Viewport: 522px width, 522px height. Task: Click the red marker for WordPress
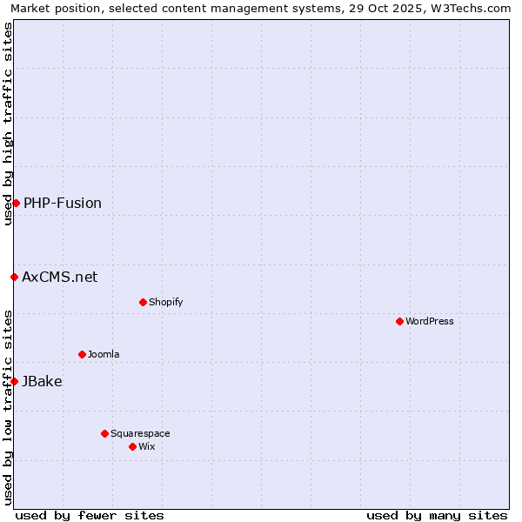pyautogui.click(x=399, y=321)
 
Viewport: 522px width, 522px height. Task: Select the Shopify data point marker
pyautogui.click(x=143, y=302)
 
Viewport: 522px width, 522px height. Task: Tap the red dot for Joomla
pyautogui.click(x=82, y=354)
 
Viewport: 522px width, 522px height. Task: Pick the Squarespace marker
pyautogui.click(x=104, y=433)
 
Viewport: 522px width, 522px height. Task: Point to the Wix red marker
pyautogui.click(x=132, y=446)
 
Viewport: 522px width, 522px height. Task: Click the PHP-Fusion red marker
pyautogui.click(x=16, y=203)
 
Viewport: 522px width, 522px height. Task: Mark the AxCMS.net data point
pyautogui.click(x=14, y=277)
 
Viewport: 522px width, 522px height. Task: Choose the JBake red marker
pyautogui.click(x=14, y=381)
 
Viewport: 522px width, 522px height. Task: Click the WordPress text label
pyautogui.click(x=430, y=321)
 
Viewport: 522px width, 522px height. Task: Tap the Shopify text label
pyautogui.click(x=165, y=302)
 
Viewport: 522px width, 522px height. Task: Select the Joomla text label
pyautogui.click(x=104, y=354)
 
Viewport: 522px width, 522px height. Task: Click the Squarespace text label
pyautogui.click(x=140, y=433)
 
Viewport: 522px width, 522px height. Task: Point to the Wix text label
pyautogui.click(x=147, y=446)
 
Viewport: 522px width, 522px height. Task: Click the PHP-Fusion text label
pyautogui.click(x=63, y=203)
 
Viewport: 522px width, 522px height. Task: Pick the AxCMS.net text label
pyautogui.click(x=60, y=277)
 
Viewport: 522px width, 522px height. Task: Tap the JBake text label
pyautogui.click(x=42, y=381)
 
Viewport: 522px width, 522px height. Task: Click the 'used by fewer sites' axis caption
pyautogui.click(x=90, y=515)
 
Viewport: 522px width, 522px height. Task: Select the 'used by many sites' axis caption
pyautogui.click(x=437, y=515)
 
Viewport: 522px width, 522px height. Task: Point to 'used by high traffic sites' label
pyautogui.click(x=8, y=124)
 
